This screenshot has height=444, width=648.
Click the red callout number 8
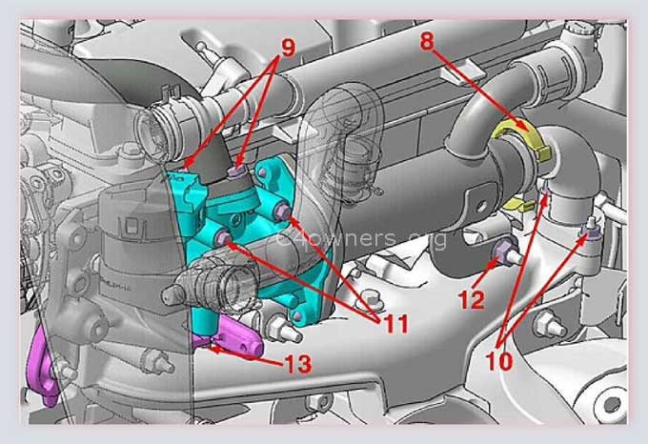428,41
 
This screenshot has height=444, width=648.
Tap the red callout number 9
289,48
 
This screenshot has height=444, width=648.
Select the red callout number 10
499,361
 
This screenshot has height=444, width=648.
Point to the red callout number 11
395,324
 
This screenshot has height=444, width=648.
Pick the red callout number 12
472,300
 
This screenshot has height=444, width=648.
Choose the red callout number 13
297,364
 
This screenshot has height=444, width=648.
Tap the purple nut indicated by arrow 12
501,252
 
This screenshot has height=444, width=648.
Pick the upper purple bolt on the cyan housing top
237,171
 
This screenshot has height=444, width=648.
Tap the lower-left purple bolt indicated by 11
223,237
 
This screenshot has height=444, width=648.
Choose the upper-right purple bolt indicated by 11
283,212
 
